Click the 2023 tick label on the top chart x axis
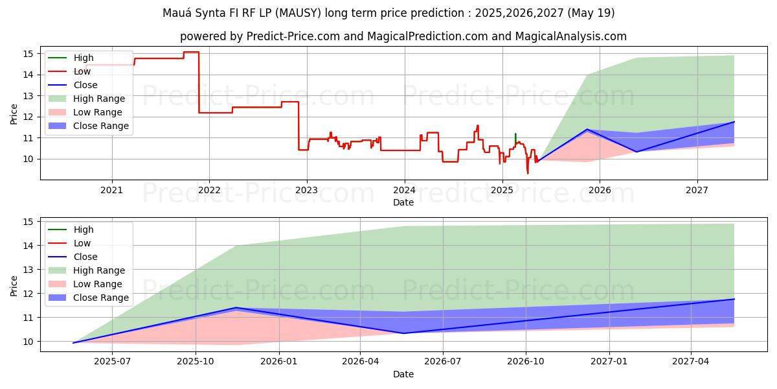pyautogui.click(x=306, y=190)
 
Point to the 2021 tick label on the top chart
pyautogui.click(x=111, y=190)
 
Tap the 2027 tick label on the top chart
pyautogui.click(x=697, y=190)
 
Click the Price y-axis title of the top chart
pyautogui.click(x=14, y=114)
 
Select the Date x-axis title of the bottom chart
pyautogui.click(x=403, y=374)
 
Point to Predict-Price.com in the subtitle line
pyautogui.click(x=293, y=36)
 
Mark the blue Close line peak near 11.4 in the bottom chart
pyautogui.click(x=236, y=307)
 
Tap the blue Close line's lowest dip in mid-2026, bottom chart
pyautogui.click(x=403, y=333)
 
